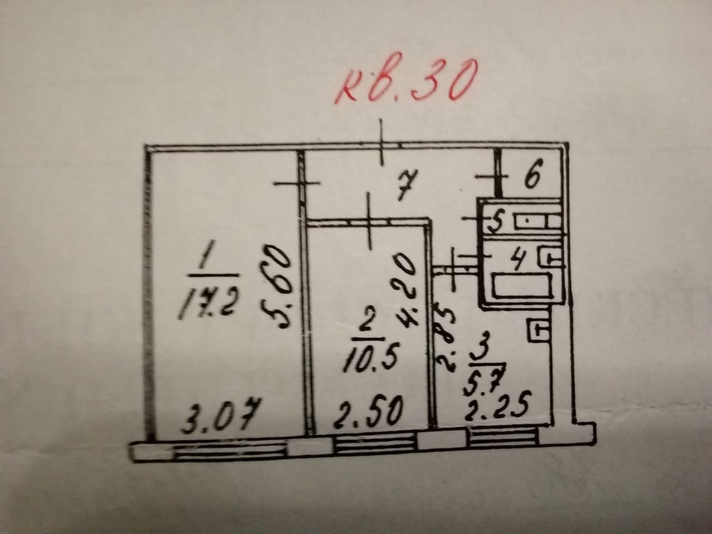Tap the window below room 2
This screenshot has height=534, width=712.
[376, 444]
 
